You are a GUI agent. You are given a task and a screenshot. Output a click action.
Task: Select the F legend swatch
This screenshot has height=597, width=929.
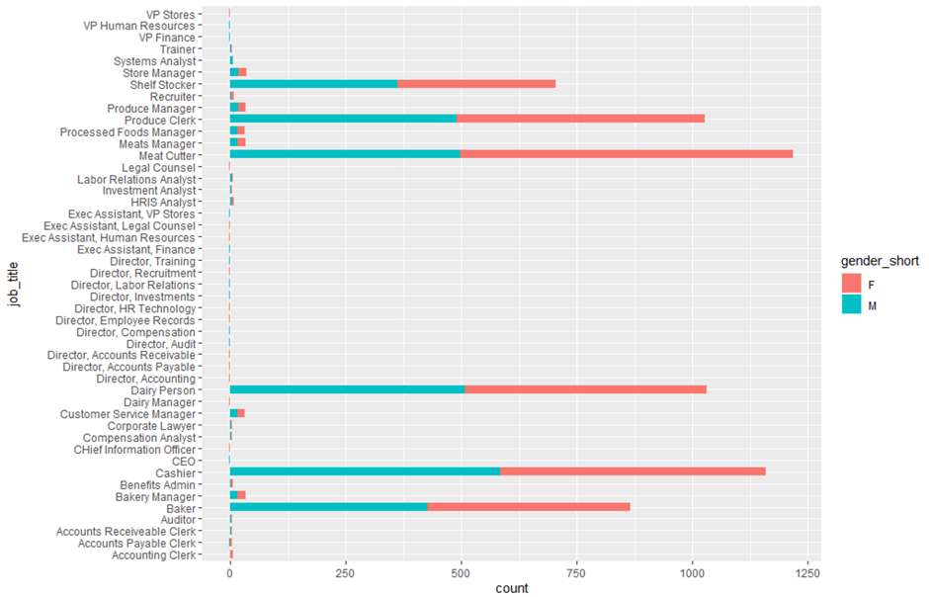pos(851,286)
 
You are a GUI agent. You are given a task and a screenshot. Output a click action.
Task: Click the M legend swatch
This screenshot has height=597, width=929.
pos(851,307)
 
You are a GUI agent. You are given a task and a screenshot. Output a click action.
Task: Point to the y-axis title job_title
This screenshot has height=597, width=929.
pos(13,285)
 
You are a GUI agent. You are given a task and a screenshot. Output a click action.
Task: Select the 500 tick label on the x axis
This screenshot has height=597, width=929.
pos(461,572)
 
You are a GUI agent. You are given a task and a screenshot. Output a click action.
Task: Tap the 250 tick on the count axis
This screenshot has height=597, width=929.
pos(345,572)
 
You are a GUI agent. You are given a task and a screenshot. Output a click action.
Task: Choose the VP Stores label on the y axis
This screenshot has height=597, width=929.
pos(169,15)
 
